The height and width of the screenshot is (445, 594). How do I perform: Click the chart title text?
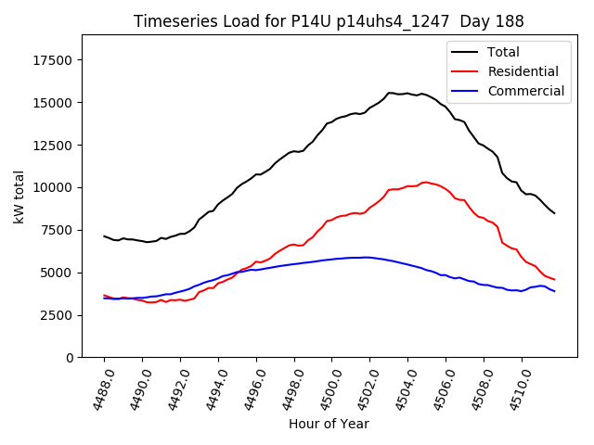(x=329, y=21)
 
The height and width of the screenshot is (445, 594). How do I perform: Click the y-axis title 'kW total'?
(x=18, y=197)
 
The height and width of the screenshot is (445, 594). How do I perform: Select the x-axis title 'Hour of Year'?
(x=329, y=424)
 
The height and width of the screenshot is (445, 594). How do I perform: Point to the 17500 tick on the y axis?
(x=53, y=60)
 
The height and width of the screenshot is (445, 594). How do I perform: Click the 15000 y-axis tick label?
(x=53, y=103)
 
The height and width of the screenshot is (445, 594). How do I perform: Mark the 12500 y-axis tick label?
(x=53, y=146)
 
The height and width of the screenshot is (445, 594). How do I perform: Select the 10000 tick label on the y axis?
(x=53, y=188)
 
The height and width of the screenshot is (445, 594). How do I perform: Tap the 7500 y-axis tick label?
(x=57, y=231)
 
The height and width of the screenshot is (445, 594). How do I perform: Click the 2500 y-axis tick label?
(x=57, y=315)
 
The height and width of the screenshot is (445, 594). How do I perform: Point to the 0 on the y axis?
(x=71, y=358)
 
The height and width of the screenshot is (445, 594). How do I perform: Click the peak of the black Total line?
(x=391, y=93)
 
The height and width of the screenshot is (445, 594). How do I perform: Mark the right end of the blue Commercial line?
(x=555, y=291)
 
